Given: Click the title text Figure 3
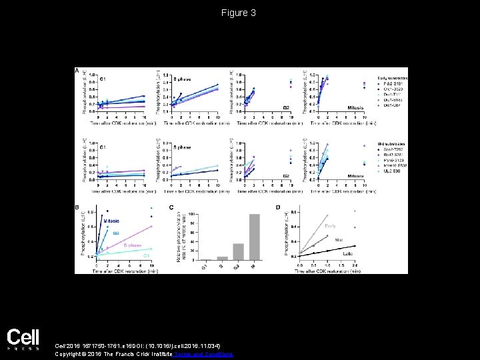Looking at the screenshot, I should (x=239, y=13).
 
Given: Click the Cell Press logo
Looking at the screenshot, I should (x=23, y=339).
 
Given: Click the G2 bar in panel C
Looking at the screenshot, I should (x=239, y=251).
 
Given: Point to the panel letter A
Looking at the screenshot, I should (x=77, y=70).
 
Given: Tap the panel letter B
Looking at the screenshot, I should (x=77, y=208).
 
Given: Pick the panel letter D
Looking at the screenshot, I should (x=279, y=208).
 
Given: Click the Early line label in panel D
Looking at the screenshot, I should (x=331, y=226).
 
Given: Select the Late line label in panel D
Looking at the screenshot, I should (x=348, y=253).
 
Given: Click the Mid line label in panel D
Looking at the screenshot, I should (x=339, y=238).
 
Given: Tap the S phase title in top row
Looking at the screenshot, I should (x=182, y=79).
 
